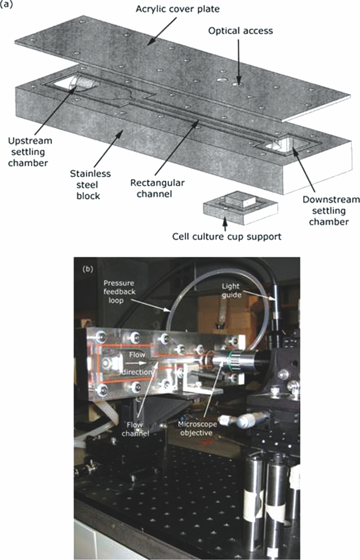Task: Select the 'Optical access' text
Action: click(240, 31)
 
